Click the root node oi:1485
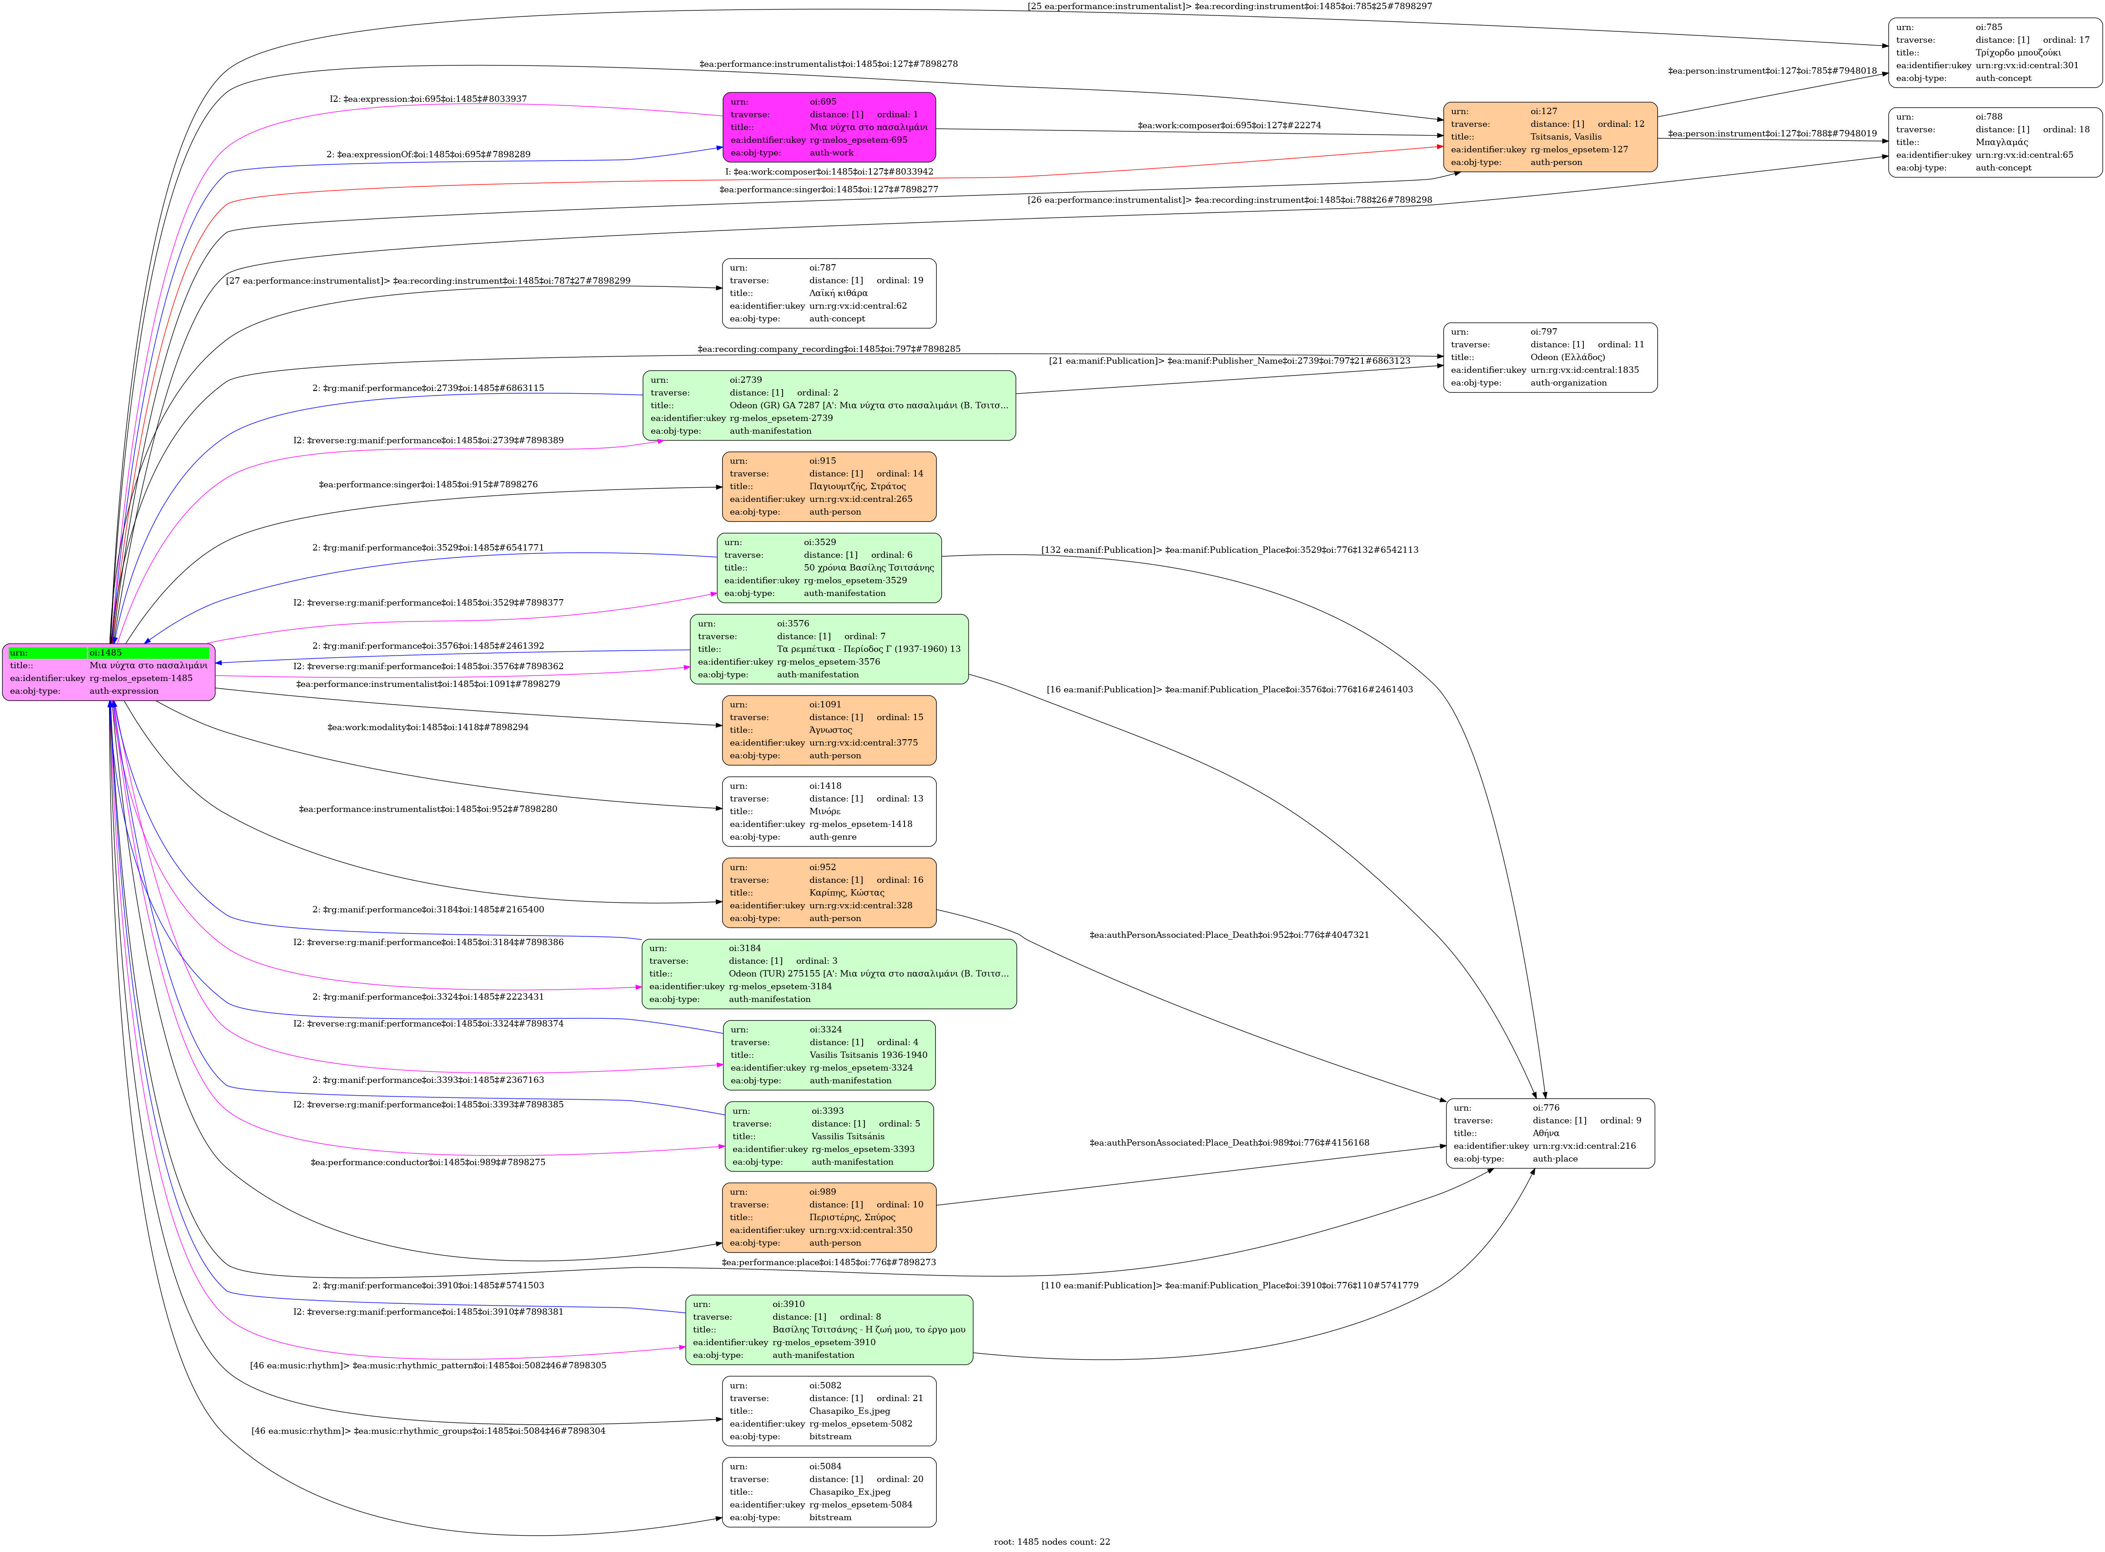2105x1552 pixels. (109, 672)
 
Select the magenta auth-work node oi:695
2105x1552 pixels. (829, 127)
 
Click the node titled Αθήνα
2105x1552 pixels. (1550, 1133)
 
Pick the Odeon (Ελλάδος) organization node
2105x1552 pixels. (1550, 357)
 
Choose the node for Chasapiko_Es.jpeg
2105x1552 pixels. (829, 1410)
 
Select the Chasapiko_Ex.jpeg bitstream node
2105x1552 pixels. (829, 1492)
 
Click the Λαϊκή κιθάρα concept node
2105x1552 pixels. (829, 293)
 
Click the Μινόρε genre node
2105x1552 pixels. (829, 811)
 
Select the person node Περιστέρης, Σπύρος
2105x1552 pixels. (829, 1217)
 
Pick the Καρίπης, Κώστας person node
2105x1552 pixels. (829, 892)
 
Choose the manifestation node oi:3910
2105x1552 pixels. (829, 1329)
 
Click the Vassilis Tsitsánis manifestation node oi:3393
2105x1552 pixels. (829, 1136)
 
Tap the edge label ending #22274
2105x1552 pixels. (1228, 125)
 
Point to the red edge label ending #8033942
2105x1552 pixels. (829, 172)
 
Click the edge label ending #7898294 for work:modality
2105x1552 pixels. (427, 727)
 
